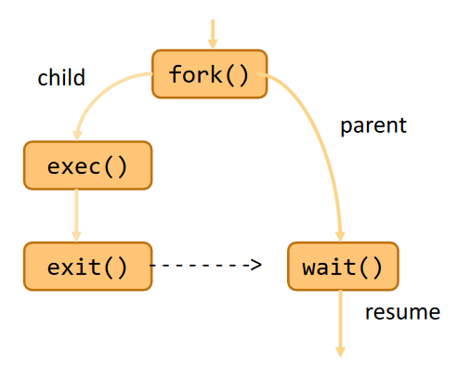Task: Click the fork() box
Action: pos(210,74)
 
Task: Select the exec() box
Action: pos(88,165)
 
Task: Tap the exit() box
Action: pos(88,267)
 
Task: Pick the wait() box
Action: pos(343,267)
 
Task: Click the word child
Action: pos(61,77)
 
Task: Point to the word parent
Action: pos(373,125)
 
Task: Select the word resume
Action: pos(402,312)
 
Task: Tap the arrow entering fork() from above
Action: pos(213,34)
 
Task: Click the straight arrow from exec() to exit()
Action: pos(76,216)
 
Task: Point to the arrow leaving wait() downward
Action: pos(341,324)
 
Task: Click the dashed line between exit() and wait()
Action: pos(206,265)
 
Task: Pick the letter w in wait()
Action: pos(309,269)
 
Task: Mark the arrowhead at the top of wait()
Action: pos(340,237)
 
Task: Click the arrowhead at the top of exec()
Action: pos(77,136)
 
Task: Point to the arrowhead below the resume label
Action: pos(341,352)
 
